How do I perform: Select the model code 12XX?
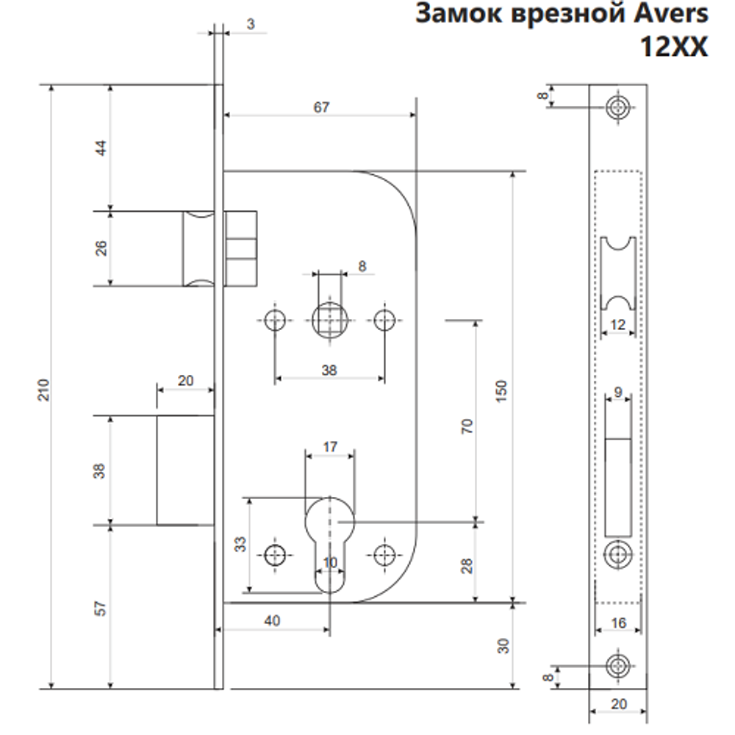click(674, 47)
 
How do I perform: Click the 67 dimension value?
click(321, 107)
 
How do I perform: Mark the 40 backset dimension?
click(271, 621)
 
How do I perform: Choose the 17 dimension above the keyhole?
click(330, 446)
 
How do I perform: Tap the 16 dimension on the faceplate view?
click(617, 623)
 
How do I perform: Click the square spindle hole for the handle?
click(329, 320)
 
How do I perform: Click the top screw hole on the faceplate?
click(617, 108)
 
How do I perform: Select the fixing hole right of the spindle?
click(384, 320)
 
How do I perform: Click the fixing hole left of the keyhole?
click(276, 555)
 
